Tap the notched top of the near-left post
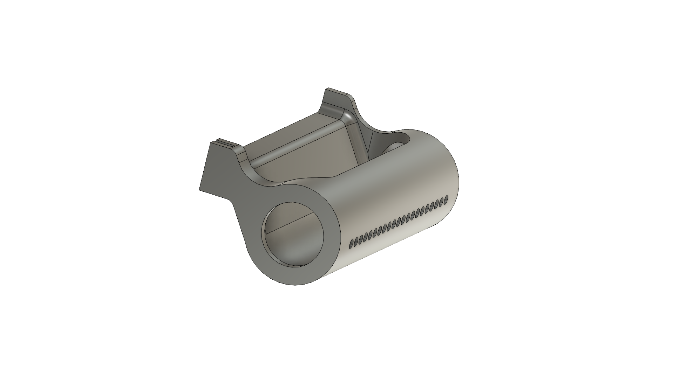pyautogui.click(x=223, y=144)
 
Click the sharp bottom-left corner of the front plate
pyautogui.click(x=199, y=190)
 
